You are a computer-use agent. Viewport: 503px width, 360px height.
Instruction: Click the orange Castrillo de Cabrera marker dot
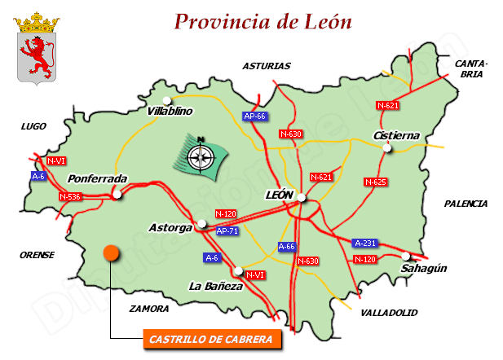[111, 252]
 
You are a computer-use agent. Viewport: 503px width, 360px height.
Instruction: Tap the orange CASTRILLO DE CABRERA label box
[211, 339]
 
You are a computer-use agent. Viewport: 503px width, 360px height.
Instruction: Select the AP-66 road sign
[255, 116]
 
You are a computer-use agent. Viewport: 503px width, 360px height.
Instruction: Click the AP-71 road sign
[227, 230]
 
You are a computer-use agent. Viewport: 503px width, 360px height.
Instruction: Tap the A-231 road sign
[365, 243]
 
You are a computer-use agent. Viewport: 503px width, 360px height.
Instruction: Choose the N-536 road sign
[71, 196]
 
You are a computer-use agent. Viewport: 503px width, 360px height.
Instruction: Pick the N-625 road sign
[375, 182]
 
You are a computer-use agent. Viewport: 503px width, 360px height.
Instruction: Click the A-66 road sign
[287, 246]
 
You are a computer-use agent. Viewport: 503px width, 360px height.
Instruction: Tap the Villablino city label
[170, 111]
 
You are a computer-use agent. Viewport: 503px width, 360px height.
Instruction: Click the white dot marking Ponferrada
[117, 194]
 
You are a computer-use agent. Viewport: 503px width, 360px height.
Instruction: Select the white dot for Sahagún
[406, 256]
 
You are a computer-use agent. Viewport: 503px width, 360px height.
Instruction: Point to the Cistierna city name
[395, 135]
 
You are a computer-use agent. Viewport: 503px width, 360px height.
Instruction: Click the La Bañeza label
[215, 286]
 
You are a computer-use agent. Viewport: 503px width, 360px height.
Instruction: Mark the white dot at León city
[302, 197]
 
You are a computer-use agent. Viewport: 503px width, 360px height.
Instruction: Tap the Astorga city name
[171, 227]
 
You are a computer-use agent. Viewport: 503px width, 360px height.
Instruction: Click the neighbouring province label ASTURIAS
[267, 65]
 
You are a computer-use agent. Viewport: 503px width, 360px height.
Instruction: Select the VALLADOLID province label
[388, 312]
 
